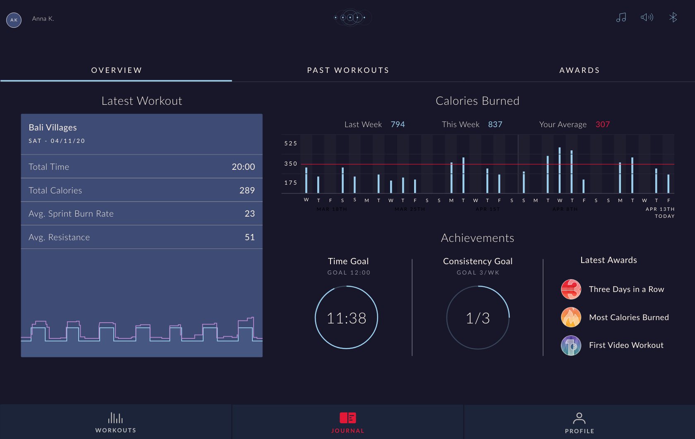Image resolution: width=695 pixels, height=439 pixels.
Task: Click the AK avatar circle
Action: [x=14, y=20]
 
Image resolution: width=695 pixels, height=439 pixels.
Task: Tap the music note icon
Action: [x=621, y=17]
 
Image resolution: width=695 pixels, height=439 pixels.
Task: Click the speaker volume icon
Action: [x=647, y=17]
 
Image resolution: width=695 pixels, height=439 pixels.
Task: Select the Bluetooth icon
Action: [x=673, y=17]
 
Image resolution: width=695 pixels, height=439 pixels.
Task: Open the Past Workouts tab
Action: [x=348, y=70]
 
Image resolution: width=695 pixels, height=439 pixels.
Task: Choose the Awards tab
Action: [x=579, y=70]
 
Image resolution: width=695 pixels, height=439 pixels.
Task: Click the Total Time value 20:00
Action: [x=243, y=167]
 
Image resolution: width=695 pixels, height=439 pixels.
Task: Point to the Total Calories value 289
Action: [x=247, y=191]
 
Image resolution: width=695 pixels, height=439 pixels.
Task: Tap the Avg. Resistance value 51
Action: [x=249, y=237]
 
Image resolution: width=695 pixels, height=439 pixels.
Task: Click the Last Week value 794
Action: [x=398, y=125]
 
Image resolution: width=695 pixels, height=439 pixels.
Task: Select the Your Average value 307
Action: [x=602, y=125]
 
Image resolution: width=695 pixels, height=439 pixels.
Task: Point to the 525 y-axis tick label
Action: [x=290, y=143]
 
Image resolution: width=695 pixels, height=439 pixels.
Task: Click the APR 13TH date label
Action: [x=660, y=209]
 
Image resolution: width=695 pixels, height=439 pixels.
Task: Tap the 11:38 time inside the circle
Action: [x=346, y=318]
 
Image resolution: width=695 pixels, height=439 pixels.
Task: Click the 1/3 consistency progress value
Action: [x=478, y=318]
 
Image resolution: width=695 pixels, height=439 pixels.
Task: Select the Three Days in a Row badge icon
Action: [x=571, y=289]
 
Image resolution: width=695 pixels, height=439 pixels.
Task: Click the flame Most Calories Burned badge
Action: [x=571, y=317]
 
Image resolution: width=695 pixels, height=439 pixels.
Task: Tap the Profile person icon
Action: [x=579, y=418]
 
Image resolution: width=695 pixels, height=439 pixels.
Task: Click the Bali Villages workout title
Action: [x=53, y=128]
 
